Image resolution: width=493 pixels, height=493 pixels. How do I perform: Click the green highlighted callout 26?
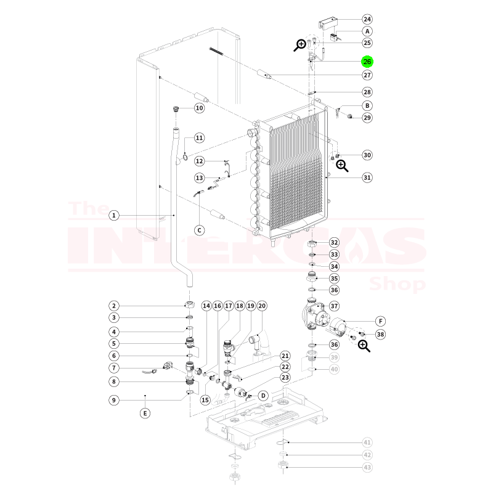coord(367,62)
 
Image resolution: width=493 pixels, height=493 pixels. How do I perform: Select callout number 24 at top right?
coord(367,19)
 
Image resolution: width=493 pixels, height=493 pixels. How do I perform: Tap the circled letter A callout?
coord(367,31)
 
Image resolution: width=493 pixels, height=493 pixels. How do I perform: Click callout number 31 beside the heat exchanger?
coord(367,177)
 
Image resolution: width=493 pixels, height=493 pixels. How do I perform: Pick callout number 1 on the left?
coord(114,216)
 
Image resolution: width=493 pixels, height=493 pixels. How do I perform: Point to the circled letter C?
coord(199,230)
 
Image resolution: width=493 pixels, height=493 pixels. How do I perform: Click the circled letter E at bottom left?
coord(145,413)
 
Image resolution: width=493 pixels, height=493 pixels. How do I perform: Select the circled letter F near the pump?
coord(380,321)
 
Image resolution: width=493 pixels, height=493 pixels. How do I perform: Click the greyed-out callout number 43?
coord(367,467)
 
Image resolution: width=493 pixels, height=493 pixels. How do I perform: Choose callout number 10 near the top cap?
coord(199,108)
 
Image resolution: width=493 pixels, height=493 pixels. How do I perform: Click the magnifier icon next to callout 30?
coord(342,165)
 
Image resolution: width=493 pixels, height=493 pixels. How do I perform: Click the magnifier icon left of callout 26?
coord(301,44)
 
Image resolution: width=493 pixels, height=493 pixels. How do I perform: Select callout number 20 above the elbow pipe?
coord(261,306)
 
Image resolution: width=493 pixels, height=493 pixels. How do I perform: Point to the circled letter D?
coord(263,395)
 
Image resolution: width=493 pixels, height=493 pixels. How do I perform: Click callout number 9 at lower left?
coord(114,400)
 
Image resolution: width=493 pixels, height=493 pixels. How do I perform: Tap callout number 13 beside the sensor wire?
coord(199,177)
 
